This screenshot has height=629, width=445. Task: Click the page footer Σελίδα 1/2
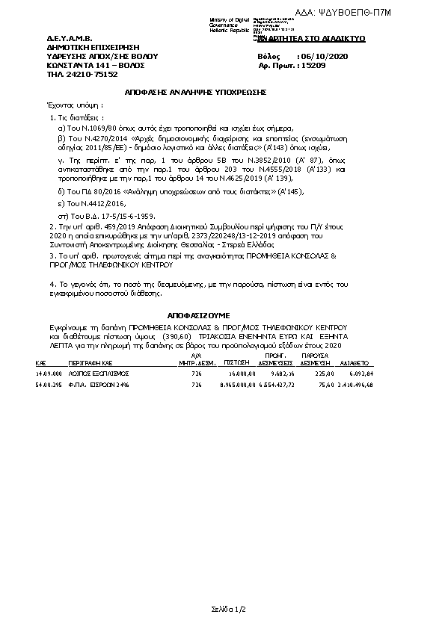tap(222, 612)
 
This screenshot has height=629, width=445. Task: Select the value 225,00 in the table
tap(323, 373)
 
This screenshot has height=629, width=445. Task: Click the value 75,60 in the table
tap(325, 385)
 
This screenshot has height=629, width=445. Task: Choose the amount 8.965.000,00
tap(236, 385)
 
